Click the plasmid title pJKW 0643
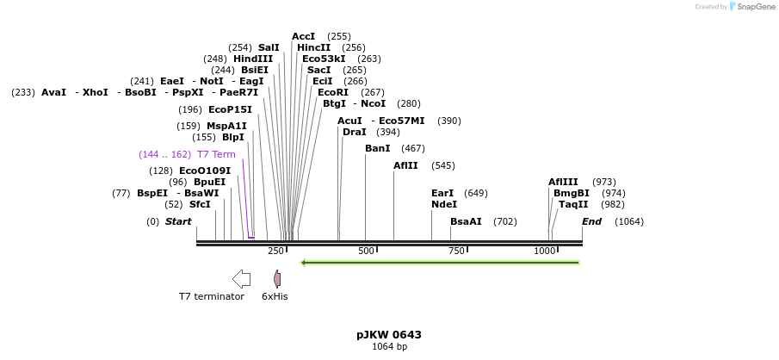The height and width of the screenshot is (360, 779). pyautogui.click(x=389, y=334)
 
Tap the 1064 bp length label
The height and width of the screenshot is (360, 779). pyautogui.click(x=389, y=346)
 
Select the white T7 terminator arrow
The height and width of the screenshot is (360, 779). pyautogui.click(x=241, y=278)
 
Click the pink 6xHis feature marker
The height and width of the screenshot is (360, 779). pyautogui.click(x=277, y=278)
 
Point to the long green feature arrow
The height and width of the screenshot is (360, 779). pyautogui.click(x=439, y=262)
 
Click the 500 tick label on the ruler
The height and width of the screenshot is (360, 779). pyautogui.click(x=367, y=251)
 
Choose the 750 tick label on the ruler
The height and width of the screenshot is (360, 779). pyautogui.click(x=456, y=251)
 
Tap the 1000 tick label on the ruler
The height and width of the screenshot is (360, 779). pyautogui.click(x=545, y=251)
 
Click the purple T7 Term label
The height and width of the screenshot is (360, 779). pyautogui.click(x=216, y=154)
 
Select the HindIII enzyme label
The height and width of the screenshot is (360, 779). pyautogui.click(x=253, y=59)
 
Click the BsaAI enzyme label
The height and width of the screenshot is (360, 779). pyautogui.click(x=466, y=221)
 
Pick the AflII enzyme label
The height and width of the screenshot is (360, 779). pyautogui.click(x=405, y=165)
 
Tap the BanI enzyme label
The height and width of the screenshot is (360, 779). pyautogui.click(x=377, y=148)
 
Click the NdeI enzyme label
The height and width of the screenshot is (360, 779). pyautogui.click(x=444, y=204)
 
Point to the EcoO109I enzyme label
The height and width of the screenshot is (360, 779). pyautogui.click(x=205, y=171)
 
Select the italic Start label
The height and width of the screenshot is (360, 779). pyautogui.click(x=178, y=221)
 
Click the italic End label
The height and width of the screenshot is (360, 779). pyautogui.click(x=591, y=221)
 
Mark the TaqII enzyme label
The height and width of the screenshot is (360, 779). pyautogui.click(x=573, y=204)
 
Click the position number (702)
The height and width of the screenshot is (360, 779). pyautogui.click(x=505, y=221)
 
